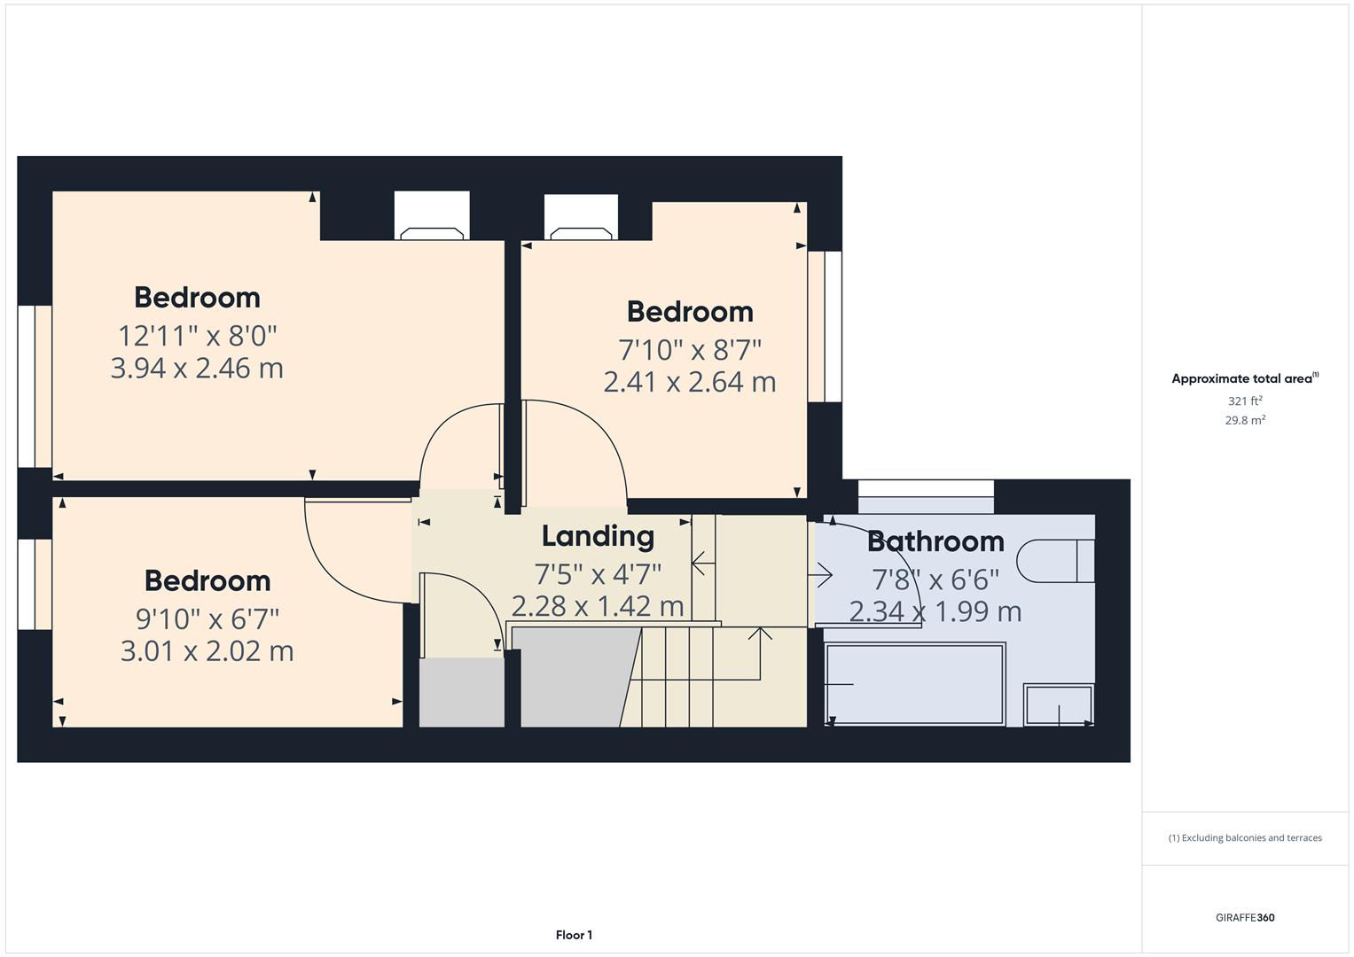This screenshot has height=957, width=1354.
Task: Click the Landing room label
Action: pyautogui.click(x=598, y=536)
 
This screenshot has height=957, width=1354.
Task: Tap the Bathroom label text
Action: pyautogui.click(x=935, y=541)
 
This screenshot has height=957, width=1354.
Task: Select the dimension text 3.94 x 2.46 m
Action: pyautogui.click(x=197, y=368)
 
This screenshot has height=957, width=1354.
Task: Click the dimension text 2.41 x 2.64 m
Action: pyautogui.click(x=690, y=382)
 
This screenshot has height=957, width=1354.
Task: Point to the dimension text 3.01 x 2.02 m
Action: pyautogui.click(x=207, y=650)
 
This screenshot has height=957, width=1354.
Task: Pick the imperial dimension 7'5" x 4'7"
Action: pyautogui.click(x=598, y=574)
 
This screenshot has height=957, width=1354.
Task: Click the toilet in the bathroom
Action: pyautogui.click(x=1055, y=561)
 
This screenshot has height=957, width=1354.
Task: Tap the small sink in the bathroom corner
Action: pyautogui.click(x=1059, y=704)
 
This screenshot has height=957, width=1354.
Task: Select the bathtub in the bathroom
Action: pyautogui.click(x=915, y=684)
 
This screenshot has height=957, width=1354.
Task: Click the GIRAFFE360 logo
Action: pyautogui.click(x=1245, y=917)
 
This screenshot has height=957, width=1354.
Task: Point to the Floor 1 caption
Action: pyautogui.click(x=575, y=935)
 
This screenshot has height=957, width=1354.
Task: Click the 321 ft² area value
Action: pyautogui.click(x=1245, y=401)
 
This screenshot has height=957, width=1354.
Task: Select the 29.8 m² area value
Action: pyautogui.click(x=1245, y=420)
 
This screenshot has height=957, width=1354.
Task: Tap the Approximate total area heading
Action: pyautogui.click(x=1245, y=379)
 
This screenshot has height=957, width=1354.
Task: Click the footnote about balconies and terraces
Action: pyautogui.click(x=1245, y=838)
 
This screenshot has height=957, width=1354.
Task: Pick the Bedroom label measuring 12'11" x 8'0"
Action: pyautogui.click(x=197, y=297)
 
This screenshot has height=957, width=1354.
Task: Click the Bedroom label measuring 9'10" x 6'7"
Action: pyautogui.click(x=207, y=580)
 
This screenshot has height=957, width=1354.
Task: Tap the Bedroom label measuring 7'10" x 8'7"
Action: pyautogui.click(x=690, y=312)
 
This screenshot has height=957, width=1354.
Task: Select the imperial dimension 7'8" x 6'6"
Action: pyautogui.click(x=935, y=580)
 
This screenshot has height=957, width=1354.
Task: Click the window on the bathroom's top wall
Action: pyautogui.click(x=926, y=496)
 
